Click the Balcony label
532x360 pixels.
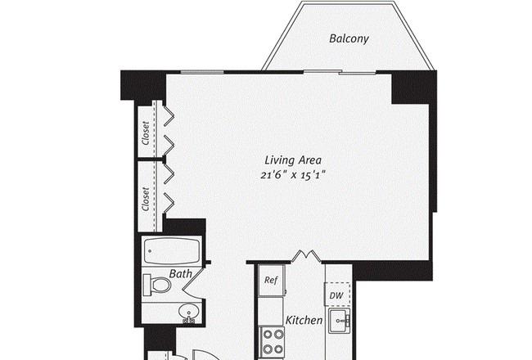[349, 38]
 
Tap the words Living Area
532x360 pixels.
[293, 160]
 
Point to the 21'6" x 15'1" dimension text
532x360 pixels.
[293, 175]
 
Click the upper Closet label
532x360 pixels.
[146, 133]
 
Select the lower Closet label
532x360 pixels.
[146, 199]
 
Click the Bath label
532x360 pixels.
[181, 274]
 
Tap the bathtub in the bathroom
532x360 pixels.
[172, 251]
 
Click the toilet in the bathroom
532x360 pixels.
[157, 285]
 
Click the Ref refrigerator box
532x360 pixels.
[271, 281]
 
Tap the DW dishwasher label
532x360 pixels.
[336, 295]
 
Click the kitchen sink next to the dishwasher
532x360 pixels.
[340, 321]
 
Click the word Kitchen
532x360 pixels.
[304, 320]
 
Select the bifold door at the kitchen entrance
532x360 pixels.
[306, 256]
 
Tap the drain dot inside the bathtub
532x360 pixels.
[150, 251]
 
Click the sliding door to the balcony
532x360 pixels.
[340, 72]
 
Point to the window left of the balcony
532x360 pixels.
[202, 72]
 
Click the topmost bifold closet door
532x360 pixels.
[169, 116]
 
